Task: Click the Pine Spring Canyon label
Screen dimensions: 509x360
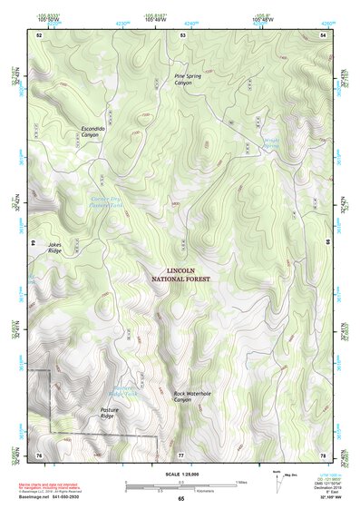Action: (x=188, y=79)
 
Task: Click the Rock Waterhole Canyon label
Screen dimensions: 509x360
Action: (x=192, y=396)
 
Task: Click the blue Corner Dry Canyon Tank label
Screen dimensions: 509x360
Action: (x=105, y=202)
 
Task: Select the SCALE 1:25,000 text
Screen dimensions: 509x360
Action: (x=180, y=472)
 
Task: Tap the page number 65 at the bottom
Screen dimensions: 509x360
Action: (x=180, y=499)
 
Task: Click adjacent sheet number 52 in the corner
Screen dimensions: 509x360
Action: (x=39, y=34)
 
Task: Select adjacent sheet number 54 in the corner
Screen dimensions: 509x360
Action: (x=323, y=34)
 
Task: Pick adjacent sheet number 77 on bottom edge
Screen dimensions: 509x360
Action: (x=180, y=454)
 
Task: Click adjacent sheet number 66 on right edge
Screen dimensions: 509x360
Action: (x=327, y=243)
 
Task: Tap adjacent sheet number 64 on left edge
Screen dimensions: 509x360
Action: (x=34, y=243)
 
